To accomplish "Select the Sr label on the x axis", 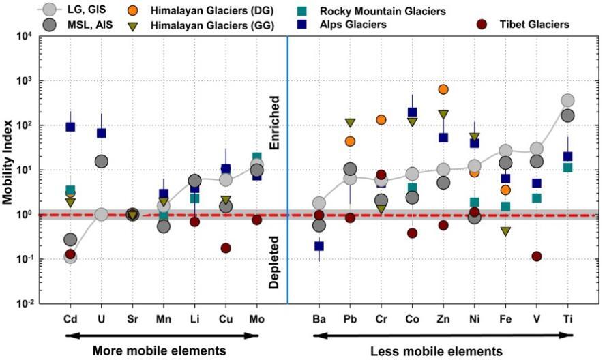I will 132,318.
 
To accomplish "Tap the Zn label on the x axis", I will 443,318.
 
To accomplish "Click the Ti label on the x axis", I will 567,318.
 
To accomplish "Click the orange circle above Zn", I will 443,89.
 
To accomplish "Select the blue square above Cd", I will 70,127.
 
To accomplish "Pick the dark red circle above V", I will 537,256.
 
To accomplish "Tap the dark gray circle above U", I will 101,162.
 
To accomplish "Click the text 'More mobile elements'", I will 160,350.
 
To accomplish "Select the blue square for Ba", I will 319,246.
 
